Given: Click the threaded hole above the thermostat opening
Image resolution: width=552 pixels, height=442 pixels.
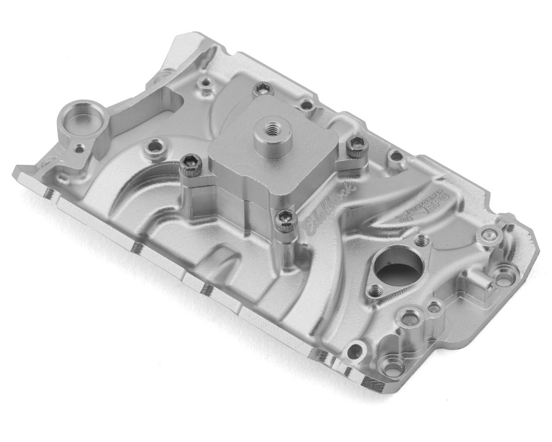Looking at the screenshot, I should (x=421, y=239).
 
